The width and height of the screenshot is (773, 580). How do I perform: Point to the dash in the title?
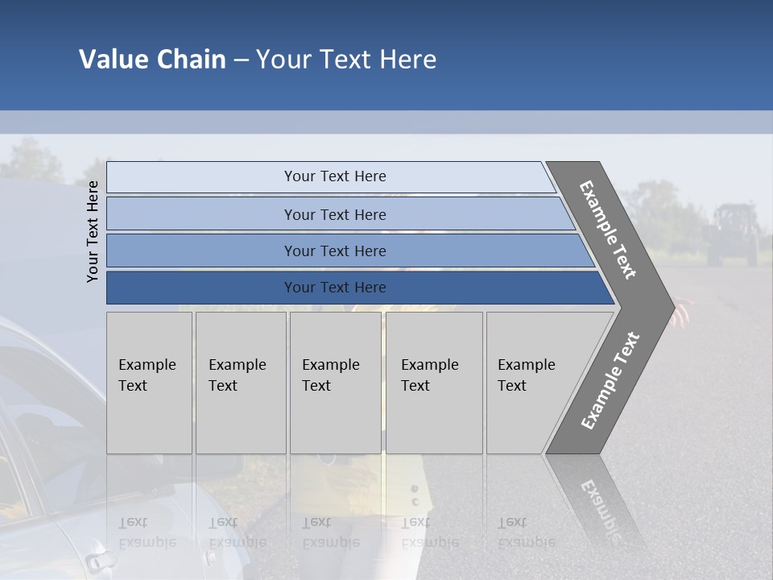[241, 60]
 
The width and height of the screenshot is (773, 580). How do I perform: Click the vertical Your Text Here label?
[93, 231]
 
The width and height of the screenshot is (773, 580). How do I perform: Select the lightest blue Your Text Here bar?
[335, 176]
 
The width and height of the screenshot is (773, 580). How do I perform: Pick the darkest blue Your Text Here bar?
[335, 288]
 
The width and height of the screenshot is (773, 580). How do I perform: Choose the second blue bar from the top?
[335, 214]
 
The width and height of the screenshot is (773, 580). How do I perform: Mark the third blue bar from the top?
[335, 251]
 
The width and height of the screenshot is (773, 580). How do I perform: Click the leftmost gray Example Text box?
[149, 383]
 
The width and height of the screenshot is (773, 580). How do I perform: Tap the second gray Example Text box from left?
[241, 383]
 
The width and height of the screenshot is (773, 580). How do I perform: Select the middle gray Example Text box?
[335, 383]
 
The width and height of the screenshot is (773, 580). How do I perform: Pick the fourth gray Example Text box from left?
[434, 383]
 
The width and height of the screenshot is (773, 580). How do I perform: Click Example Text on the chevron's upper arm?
[608, 230]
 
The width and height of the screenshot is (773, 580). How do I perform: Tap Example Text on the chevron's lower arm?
[610, 381]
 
